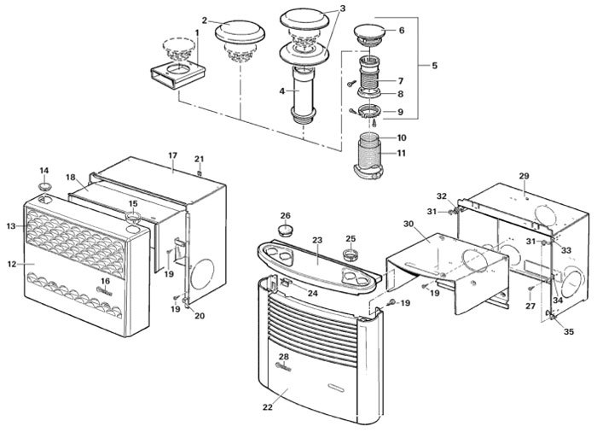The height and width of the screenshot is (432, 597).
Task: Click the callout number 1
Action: [197, 32]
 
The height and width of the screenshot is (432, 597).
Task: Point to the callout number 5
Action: [434, 64]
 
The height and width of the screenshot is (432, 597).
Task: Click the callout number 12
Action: [11, 264]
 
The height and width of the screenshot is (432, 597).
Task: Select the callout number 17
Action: [172, 155]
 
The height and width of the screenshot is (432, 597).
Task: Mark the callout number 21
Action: [199, 160]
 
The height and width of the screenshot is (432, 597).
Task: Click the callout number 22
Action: [268, 408]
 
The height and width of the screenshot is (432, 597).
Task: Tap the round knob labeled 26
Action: [286, 231]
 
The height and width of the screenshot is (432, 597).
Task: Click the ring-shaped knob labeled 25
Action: [351, 254]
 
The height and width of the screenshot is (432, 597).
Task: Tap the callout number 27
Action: [530, 305]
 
